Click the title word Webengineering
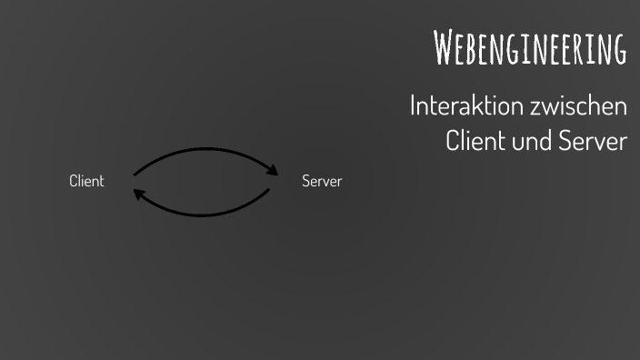click(530, 48)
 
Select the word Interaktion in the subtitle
click(459, 106)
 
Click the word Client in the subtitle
click(475, 142)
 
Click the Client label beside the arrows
click(86, 181)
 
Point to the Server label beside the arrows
click(322, 181)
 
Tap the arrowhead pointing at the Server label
click(272, 169)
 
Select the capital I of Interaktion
click(414, 106)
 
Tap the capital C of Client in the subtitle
click(454, 142)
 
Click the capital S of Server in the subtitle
click(565, 142)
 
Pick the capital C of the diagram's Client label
click(74, 181)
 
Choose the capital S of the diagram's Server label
click(306, 181)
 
